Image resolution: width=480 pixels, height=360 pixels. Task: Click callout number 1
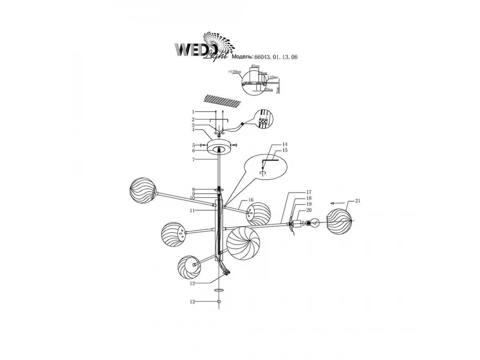coord(193,112)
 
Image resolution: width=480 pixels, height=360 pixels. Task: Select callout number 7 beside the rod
coord(193,159)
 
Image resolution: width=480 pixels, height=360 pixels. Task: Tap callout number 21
coord(358,201)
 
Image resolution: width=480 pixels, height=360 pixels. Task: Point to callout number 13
coord(192,302)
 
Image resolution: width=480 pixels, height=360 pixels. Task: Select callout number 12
coord(192,283)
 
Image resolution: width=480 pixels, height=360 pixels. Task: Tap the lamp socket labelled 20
coord(297,223)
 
